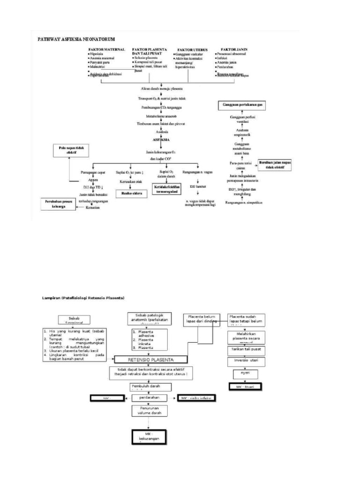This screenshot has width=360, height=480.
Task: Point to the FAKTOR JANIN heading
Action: pos(234,49)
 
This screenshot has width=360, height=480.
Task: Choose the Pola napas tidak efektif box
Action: pos(68,150)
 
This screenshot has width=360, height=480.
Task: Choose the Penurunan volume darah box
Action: pos(148,411)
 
